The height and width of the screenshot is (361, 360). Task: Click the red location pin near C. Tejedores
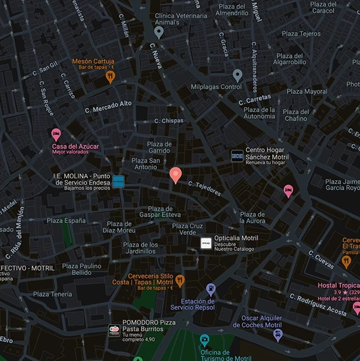175,174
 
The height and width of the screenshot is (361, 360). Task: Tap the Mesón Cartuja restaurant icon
109,77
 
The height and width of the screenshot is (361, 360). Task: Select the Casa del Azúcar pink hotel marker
56,135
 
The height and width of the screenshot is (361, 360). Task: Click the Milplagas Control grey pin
237,75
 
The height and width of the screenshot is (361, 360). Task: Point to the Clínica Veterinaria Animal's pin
159,32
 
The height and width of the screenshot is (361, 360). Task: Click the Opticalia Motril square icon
206,243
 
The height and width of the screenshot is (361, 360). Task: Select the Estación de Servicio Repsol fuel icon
211,288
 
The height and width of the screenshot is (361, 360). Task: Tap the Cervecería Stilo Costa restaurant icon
180,281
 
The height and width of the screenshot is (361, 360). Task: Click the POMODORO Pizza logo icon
114,331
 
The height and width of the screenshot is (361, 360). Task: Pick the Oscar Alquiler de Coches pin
278,335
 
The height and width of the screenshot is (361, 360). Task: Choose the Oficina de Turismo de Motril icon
204,339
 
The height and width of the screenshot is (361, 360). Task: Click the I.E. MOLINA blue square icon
118,181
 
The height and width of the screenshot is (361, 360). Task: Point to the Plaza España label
66,221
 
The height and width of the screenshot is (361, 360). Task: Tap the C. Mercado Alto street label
108,106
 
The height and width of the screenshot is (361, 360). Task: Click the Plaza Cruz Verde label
188,229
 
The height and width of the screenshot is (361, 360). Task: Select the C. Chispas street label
169,121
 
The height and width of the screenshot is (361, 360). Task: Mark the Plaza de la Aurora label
252,217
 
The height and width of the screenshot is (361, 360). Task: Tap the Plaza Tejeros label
301,34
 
